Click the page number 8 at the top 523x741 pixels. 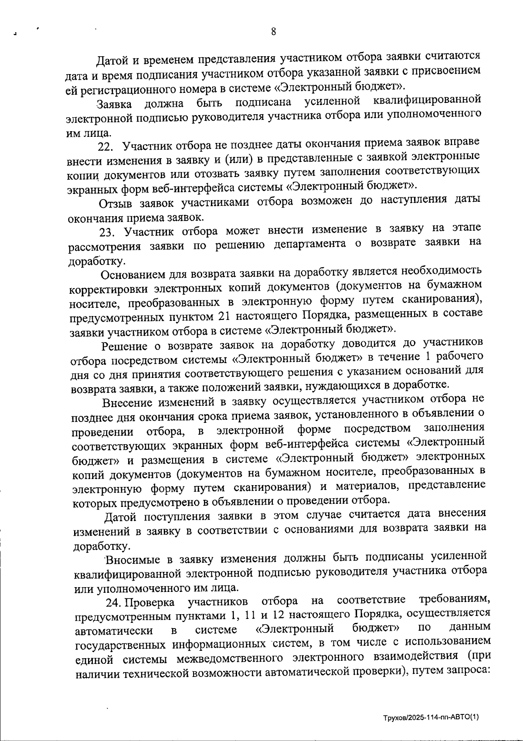coord(273,31)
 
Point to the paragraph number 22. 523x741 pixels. coord(106,145)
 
